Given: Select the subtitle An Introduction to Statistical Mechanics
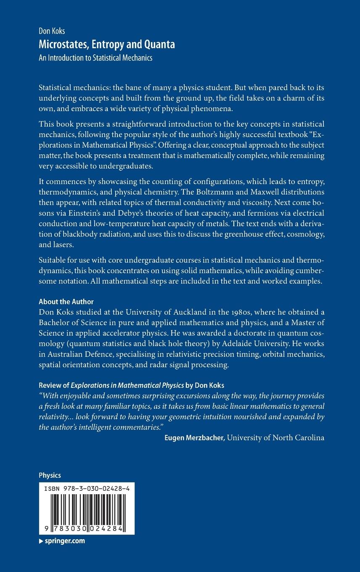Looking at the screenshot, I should pyautogui.click(x=95, y=58).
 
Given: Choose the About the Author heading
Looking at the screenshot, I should pyautogui.click(x=66, y=302).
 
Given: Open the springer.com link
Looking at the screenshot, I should pyautogui.click(x=64, y=541).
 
